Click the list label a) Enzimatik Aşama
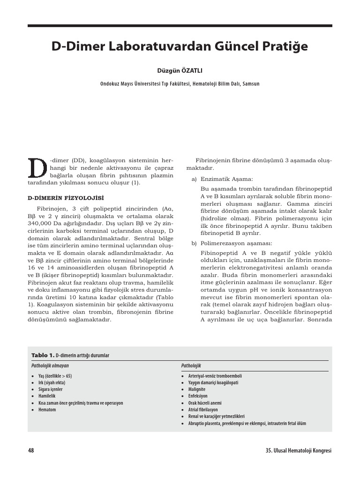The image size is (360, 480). pyautogui.click(x=222, y=179)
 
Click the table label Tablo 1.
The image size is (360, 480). pyautogui.click(x=43, y=355)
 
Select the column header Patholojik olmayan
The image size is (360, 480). pyautogui.click(x=50, y=366)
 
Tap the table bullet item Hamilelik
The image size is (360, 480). pyautogui.click(x=47, y=396)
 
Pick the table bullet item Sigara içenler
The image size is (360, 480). pyautogui.click(x=50, y=389)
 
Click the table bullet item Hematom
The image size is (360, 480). pyautogui.click(x=47, y=410)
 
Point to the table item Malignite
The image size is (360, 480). pyautogui.click(x=197, y=389)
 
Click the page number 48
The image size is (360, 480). pyautogui.click(x=31, y=450)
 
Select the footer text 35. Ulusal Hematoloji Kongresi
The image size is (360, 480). pyautogui.click(x=298, y=450)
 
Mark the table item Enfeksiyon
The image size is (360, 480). pyautogui.click(x=198, y=396)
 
